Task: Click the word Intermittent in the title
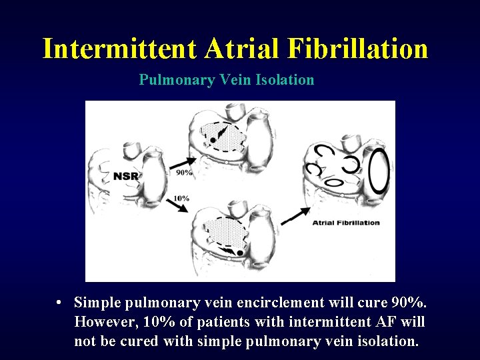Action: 120,49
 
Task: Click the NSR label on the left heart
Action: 125,176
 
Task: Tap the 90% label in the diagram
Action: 184,173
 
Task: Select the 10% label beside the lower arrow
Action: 181,198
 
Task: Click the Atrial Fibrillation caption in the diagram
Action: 346,223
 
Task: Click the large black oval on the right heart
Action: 378,171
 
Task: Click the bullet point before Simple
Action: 60,303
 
